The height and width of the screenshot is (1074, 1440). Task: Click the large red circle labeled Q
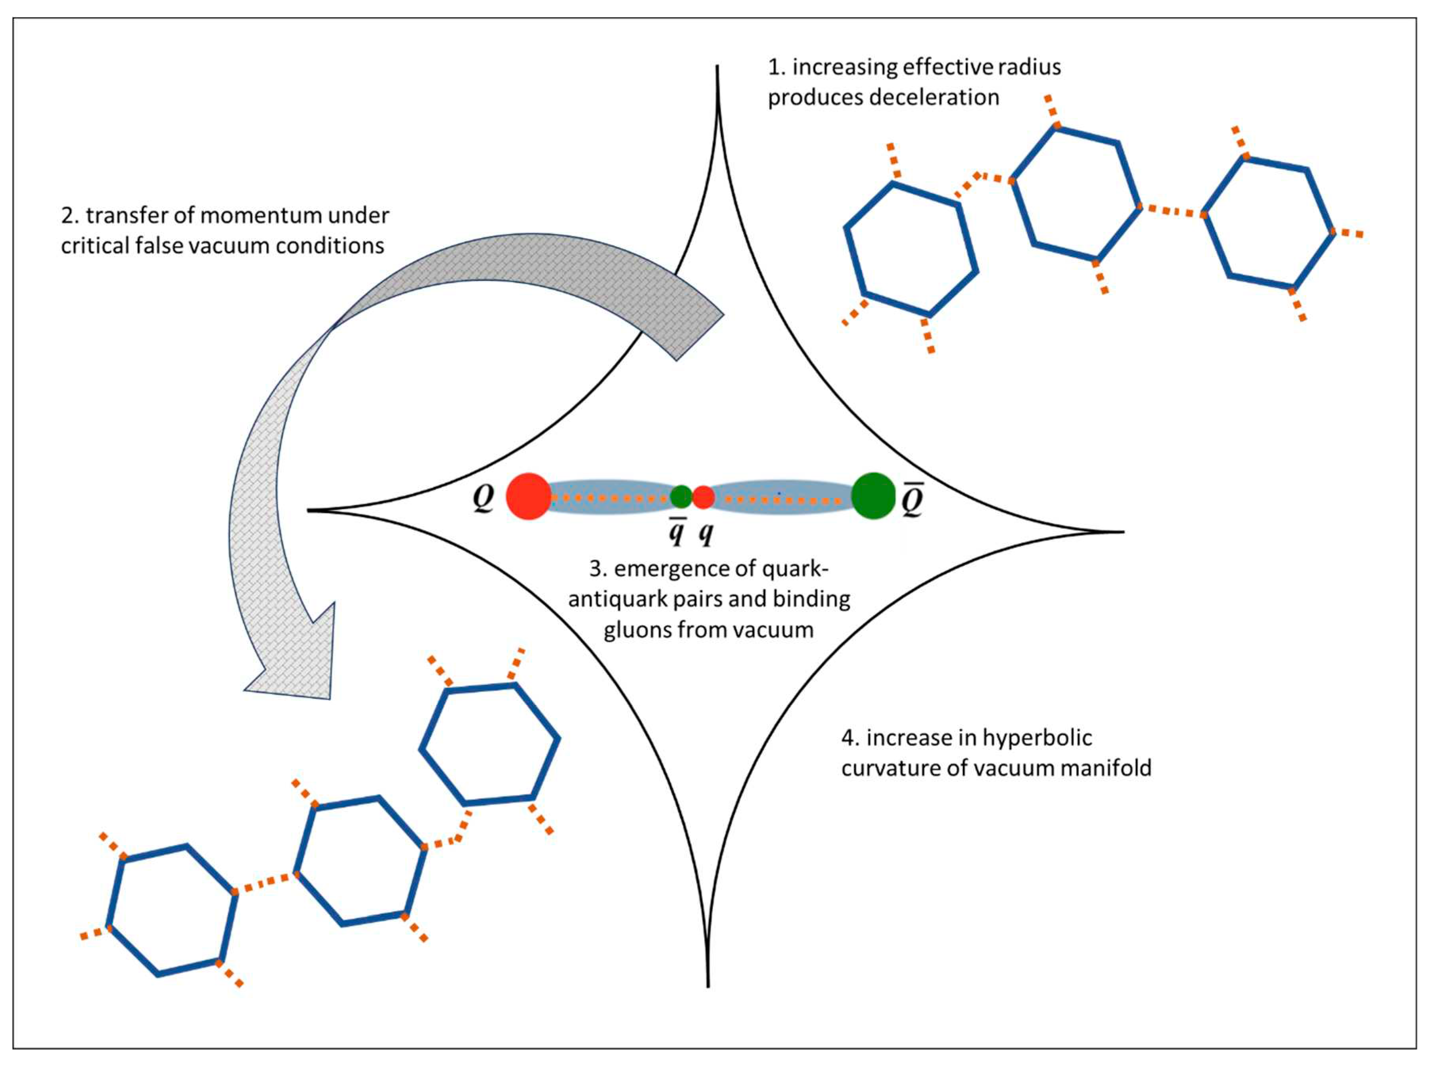click(528, 496)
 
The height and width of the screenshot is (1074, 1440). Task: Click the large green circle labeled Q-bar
click(873, 496)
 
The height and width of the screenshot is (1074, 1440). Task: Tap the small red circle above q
click(703, 497)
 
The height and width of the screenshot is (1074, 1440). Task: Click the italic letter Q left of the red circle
click(483, 498)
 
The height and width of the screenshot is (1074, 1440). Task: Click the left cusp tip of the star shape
click(310, 510)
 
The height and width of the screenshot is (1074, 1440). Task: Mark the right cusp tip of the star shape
click(1122, 532)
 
